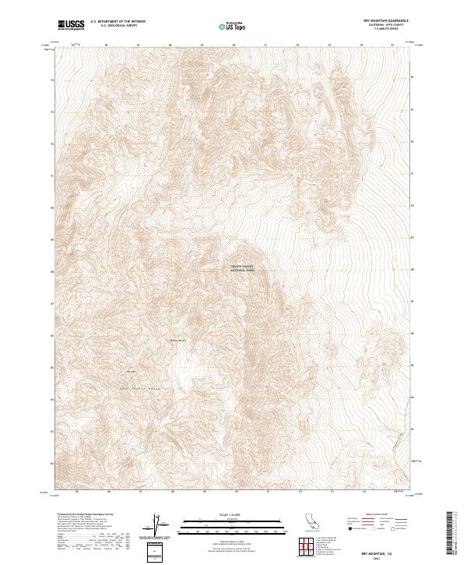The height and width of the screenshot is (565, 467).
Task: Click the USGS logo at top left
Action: (x=72, y=25)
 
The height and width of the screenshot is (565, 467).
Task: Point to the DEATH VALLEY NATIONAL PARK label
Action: (x=242, y=269)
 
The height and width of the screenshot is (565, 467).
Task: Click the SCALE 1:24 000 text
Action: (x=219, y=514)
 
